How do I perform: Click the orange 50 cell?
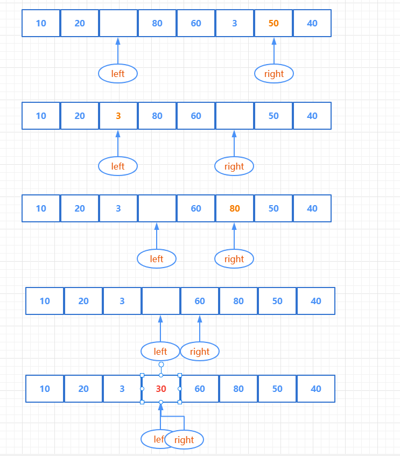point(273,23)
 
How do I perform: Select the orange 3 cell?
point(118,116)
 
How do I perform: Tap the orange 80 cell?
point(234,208)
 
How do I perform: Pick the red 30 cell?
point(161,389)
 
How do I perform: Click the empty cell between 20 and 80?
point(118,23)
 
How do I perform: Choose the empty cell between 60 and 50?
point(234,116)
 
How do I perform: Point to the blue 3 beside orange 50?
point(235,23)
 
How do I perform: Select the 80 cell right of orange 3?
point(157,116)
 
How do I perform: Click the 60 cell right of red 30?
point(200,389)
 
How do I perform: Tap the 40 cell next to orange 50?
point(312,23)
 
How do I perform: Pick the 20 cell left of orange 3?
point(80,116)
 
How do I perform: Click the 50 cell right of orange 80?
point(273,208)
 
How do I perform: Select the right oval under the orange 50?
point(274,74)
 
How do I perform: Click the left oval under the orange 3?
point(118,166)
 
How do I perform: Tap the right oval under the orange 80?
point(234,259)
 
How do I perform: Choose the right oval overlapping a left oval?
point(184,440)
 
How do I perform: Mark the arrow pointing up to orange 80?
point(234,236)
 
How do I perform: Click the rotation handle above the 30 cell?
point(161,364)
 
